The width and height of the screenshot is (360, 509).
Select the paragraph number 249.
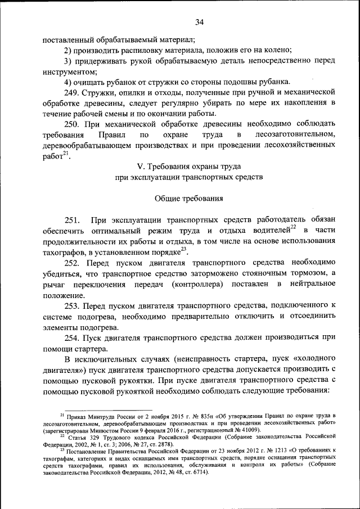pyautogui.click(x=73, y=92)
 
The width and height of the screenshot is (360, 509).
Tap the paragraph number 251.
pyautogui.click(x=73, y=219)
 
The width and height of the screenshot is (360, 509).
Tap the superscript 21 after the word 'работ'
pyautogui.click(x=66, y=154)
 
